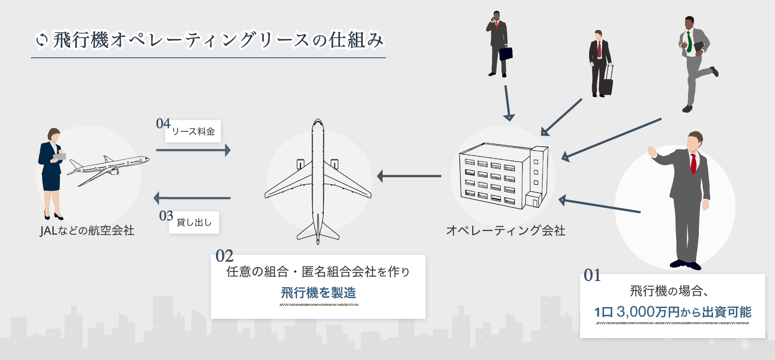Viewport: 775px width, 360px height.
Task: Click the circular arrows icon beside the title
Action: point(42,40)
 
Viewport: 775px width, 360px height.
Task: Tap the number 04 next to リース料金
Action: point(163,124)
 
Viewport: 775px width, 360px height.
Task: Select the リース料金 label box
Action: point(193,132)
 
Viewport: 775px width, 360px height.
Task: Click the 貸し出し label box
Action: point(194,223)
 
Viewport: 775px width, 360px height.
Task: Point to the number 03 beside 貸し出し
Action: point(166,216)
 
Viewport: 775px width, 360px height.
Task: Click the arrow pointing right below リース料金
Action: point(193,150)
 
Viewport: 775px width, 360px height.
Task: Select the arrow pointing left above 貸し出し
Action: point(192,197)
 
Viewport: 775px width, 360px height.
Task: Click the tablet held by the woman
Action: point(60,157)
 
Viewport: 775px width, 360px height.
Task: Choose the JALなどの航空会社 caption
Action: point(87,231)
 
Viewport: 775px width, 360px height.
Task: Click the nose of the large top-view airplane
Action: point(318,123)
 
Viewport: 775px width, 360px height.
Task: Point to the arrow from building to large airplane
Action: point(409,176)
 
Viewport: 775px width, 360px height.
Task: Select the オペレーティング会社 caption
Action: point(506,231)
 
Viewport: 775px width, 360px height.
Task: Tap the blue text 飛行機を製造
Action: point(319,293)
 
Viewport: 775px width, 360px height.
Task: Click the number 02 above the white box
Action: point(224,256)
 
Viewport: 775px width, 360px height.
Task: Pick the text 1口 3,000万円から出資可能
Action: point(672,312)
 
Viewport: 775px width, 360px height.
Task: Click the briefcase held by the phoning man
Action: point(506,53)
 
